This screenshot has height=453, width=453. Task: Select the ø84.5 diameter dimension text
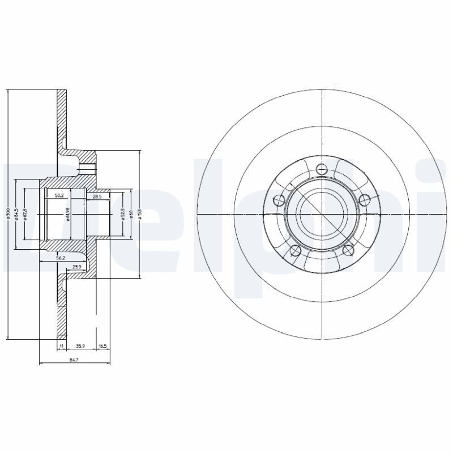18,214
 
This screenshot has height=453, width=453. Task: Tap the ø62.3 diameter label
25,214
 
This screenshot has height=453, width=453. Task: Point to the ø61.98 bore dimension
67,215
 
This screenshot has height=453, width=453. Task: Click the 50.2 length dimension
58,196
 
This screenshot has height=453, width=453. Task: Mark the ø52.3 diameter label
122,214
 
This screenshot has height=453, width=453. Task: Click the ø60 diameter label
130,214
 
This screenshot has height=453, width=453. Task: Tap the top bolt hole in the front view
322,168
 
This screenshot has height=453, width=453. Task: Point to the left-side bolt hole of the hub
278,199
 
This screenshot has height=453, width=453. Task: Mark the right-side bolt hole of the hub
365,199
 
